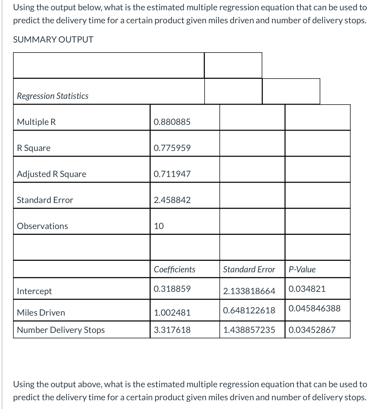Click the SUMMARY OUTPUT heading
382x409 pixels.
53,40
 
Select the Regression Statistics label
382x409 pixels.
53,96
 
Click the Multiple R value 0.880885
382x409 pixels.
172,122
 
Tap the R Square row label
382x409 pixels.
34,148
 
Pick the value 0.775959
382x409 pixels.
172,148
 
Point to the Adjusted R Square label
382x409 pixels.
51,174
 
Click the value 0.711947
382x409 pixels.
172,174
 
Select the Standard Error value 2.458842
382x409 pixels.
172,200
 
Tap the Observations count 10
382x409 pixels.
159,226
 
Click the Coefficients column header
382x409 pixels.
174,269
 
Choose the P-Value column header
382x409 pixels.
302,269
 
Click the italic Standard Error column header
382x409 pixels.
249,269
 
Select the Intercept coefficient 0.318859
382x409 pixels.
172,289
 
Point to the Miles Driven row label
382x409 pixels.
41,313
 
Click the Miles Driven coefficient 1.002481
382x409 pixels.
172,313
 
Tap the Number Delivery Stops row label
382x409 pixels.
61,330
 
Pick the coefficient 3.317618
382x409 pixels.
172,330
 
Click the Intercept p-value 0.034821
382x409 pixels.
307,289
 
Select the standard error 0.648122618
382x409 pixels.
249,310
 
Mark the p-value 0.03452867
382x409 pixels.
312,330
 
